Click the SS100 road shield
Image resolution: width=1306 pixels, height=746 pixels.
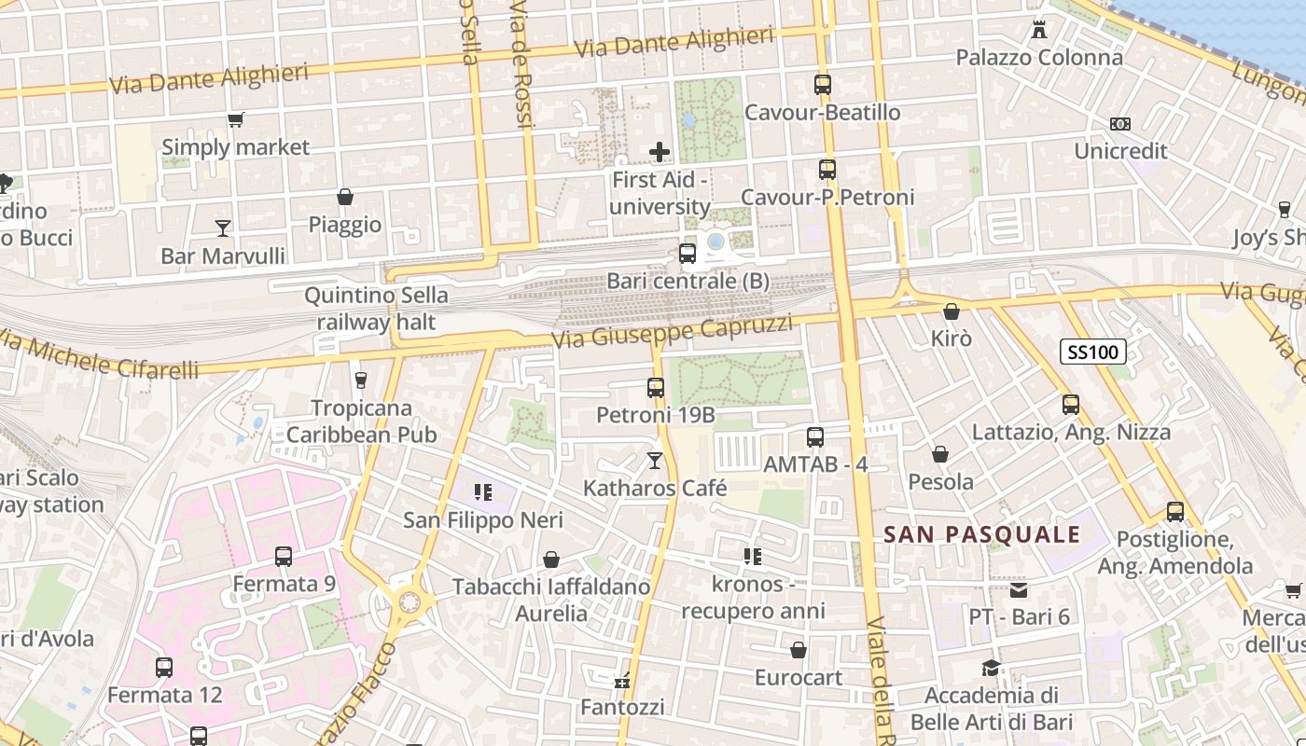[1093, 352]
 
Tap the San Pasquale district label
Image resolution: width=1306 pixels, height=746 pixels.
[981, 534]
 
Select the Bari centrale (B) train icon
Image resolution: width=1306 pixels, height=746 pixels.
[688, 253]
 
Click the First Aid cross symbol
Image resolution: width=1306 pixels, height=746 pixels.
[660, 151]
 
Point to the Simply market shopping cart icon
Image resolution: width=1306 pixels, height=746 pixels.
[235, 119]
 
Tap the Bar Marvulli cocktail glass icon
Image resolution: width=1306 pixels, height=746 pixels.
[222, 228]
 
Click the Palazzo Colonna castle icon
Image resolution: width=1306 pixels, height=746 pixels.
[1039, 29]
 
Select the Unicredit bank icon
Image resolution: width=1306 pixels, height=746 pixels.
[1119, 124]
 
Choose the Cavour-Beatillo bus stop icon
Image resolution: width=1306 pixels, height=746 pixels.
[822, 85]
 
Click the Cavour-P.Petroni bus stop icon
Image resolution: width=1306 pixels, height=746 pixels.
[827, 170]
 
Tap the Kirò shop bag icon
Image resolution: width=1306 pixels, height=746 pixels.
[951, 311]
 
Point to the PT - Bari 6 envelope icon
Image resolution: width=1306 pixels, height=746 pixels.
[1018, 589]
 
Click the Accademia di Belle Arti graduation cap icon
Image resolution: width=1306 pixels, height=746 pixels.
[991, 668]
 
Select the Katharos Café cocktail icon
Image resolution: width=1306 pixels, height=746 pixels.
[655, 461]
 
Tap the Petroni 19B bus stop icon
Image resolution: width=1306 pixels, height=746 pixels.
[656, 387]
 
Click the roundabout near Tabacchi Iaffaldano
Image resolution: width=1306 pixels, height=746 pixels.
[409, 601]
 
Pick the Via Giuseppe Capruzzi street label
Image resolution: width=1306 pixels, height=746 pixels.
[672, 331]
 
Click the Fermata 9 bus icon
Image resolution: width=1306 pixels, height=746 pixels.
[284, 557]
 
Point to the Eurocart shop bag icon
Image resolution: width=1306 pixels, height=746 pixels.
[798, 650]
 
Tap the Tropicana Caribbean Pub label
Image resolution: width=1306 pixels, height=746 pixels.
[361, 421]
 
